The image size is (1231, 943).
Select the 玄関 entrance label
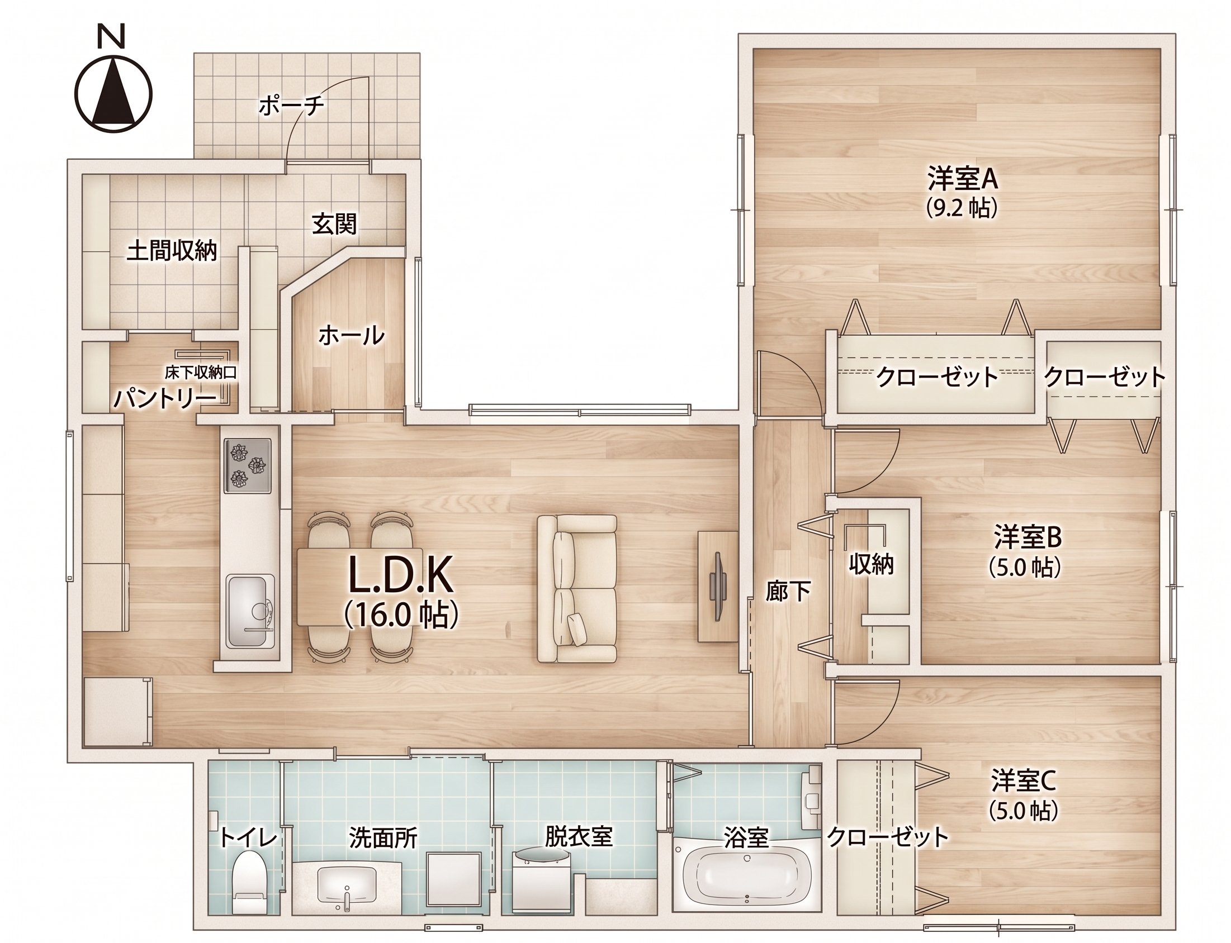point(335,225)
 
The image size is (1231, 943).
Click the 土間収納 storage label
point(172,251)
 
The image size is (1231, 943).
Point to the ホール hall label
point(352,336)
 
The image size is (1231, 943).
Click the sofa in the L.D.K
point(577,588)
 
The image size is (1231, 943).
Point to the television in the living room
point(717,586)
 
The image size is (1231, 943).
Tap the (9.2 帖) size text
point(962,208)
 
